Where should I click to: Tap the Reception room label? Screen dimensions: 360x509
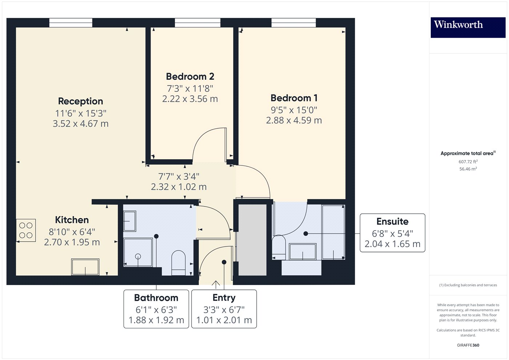[80, 101]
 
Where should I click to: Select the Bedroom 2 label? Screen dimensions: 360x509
[190, 77]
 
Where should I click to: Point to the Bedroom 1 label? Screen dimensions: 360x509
[294, 98]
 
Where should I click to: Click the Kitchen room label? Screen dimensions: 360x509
[72, 220]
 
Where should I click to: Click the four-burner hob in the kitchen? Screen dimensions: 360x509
[26, 230]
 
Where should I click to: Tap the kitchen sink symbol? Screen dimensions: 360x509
[85, 267]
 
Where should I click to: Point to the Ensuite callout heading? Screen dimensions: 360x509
[392, 221]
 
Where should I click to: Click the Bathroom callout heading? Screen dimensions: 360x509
[156, 298]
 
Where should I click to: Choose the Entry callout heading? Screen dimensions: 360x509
[224, 298]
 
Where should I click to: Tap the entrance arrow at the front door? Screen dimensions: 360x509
[216, 284]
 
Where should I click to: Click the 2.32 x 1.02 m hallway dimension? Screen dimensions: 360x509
[179, 187]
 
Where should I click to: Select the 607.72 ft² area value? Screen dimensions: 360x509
[468, 162]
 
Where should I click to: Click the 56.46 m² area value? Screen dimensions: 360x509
[468, 169]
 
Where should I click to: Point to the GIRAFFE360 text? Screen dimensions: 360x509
[468, 345]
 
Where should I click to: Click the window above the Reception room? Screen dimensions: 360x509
[71, 23]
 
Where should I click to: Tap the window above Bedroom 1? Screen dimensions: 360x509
[293, 23]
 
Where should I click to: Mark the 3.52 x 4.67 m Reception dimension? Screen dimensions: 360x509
[80, 124]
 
